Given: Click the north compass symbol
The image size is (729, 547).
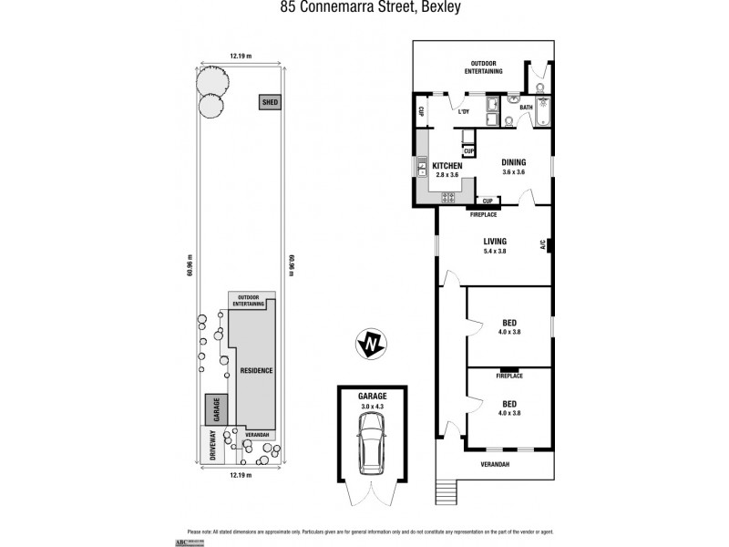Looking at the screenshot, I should tap(371, 345).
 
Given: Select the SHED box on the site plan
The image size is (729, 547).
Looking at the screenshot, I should tap(270, 102).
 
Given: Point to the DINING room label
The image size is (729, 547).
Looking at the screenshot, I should tap(515, 164).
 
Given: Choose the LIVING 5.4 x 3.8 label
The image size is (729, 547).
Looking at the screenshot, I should tap(495, 246).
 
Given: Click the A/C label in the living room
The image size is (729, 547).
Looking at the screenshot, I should tap(542, 244).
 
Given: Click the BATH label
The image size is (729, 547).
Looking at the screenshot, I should tap(526, 108).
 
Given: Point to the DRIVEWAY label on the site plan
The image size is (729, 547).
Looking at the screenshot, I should tap(212, 449).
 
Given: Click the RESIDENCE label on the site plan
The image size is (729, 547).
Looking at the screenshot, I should tap(257, 370).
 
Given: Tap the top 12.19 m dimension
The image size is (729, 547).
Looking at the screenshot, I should tap(241, 57).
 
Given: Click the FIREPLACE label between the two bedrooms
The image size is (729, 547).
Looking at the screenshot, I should tap(508, 376).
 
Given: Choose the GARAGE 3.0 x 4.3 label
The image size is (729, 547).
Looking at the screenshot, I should tap(373, 399).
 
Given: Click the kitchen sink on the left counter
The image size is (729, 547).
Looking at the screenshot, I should tap(423, 168).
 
